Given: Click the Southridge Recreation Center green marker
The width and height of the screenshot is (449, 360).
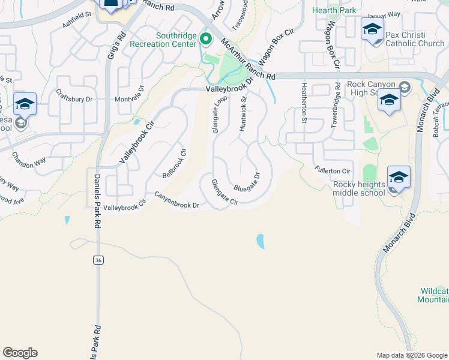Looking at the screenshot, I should tap(206, 40).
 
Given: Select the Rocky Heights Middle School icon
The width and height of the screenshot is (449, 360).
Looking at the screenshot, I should tap(399, 178).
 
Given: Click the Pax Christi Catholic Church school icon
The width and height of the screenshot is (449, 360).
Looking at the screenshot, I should tap(372, 29).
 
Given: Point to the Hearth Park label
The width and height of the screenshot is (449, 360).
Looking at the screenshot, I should tap(334, 10).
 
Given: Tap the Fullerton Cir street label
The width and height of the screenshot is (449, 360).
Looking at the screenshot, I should tap(332, 170).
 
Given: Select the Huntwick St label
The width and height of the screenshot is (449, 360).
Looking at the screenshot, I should tap(243, 115).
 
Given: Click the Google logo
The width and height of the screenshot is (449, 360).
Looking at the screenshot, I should tap(20, 353).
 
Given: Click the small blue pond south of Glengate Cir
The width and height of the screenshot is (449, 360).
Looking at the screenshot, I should tap(260, 241).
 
